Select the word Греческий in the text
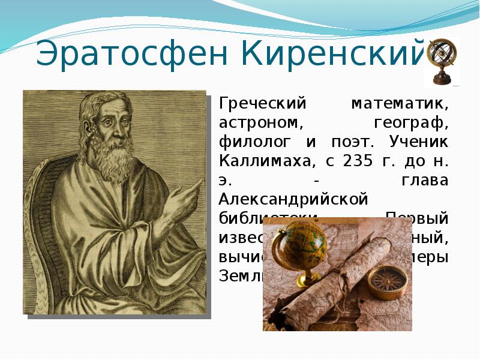tap(256, 104)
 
